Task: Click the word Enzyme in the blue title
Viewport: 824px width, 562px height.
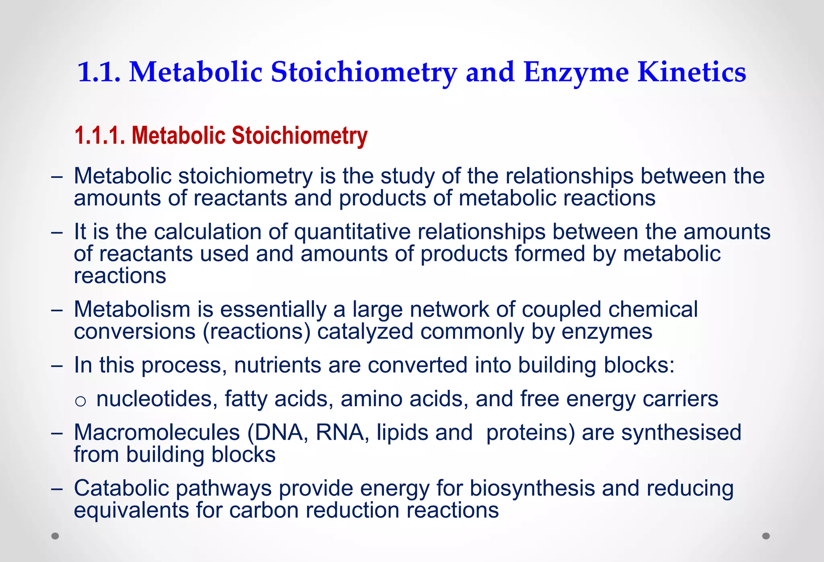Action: pos(576,72)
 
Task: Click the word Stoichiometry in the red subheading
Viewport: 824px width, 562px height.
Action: pos(299,136)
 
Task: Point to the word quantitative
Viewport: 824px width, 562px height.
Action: pos(352,232)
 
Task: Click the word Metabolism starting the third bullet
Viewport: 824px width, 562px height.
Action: pos(132,310)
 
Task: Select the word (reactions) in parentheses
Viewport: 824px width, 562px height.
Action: pos(257,332)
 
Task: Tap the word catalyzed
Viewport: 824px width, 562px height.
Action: pos(365,332)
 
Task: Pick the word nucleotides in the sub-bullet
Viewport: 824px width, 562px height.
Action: pos(157,399)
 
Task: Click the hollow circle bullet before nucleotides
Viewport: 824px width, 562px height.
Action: pos(80,401)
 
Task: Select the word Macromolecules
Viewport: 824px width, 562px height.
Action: pos(157,433)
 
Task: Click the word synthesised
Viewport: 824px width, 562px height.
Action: pos(681,433)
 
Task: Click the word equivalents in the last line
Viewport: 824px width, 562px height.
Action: pos(131,511)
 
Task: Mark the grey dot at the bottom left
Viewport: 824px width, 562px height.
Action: pos(56,536)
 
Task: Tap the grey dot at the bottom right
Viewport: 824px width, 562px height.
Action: pos(766,536)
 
